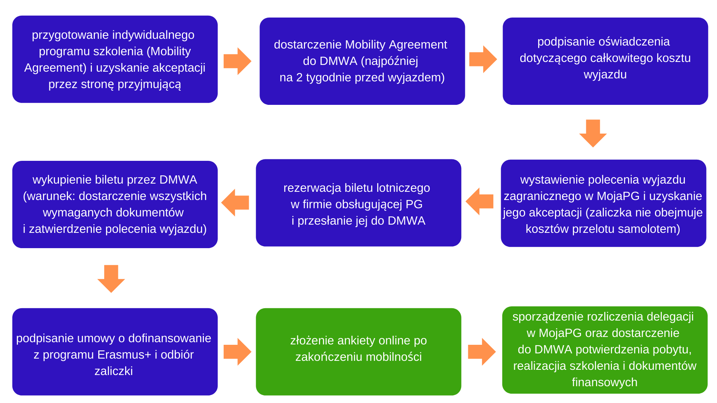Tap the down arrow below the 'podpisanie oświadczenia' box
(x=593, y=133)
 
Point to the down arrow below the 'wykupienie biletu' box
(x=111, y=278)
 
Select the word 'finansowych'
(x=605, y=382)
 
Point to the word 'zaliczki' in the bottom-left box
(x=114, y=371)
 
